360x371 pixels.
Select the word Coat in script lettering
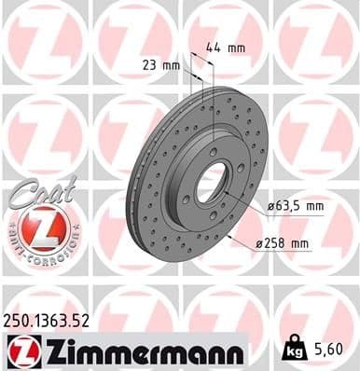pyautogui.click(x=35, y=189)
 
